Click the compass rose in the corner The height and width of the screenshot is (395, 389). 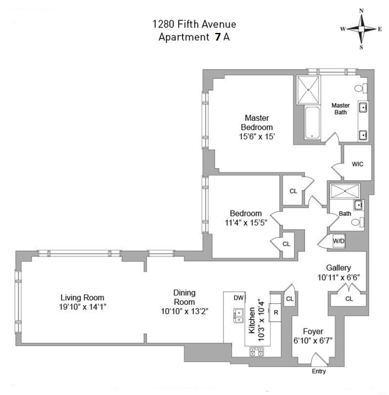click(361, 29)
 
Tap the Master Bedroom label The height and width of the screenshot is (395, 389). click(257, 123)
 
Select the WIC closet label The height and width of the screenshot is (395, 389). click(357, 164)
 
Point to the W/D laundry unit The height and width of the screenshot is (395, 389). click(338, 241)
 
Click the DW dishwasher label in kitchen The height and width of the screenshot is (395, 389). click(238, 298)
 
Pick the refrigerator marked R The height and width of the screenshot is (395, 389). click(275, 312)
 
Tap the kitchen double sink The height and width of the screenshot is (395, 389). click(238, 316)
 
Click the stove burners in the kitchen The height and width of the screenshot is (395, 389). click(257, 351)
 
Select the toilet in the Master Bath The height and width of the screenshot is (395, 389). click(361, 88)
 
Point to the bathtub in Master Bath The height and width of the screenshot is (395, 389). click(312, 123)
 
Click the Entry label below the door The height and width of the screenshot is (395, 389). click(319, 371)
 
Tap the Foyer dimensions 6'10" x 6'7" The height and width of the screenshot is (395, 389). click(313, 341)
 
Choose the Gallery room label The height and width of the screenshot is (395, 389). click(338, 268)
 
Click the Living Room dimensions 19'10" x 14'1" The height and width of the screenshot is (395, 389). click(83, 307)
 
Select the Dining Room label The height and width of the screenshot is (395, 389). click(184, 297)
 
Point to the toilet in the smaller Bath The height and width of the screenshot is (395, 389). click(357, 222)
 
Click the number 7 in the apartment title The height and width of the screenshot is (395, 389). click(218, 37)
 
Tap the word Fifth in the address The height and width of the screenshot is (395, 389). click(187, 24)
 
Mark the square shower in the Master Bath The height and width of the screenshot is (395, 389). click(308, 90)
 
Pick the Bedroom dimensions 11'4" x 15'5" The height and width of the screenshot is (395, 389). click(246, 223)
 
